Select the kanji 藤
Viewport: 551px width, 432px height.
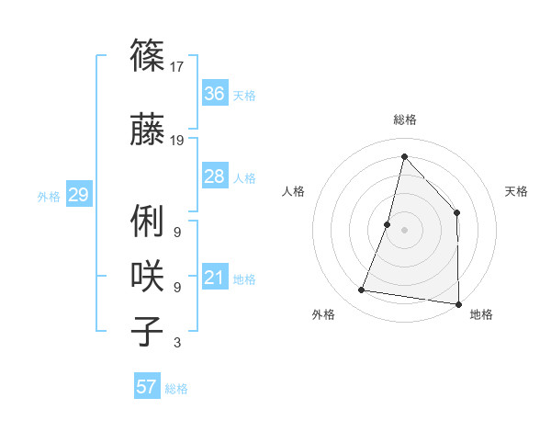click(148, 131)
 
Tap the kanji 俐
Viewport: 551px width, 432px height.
click(148, 223)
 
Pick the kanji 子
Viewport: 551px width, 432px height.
click(148, 330)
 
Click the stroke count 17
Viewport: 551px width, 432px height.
click(178, 66)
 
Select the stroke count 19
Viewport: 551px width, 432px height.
click(178, 141)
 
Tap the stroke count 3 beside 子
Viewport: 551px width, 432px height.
click(177, 343)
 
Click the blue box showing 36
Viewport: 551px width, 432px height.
click(215, 94)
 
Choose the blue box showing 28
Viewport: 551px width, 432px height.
click(215, 176)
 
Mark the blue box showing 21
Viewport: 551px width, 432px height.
click(215, 278)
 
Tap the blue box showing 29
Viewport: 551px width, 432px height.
click(78, 195)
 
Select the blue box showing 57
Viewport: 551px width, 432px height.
click(147, 387)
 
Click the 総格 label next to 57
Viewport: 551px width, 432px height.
click(177, 389)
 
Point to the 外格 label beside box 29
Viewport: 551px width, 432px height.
click(49, 197)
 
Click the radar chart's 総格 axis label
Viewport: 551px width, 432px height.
click(405, 119)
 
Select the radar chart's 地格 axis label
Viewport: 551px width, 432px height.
click(481, 314)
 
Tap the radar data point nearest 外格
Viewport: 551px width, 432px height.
click(362, 290)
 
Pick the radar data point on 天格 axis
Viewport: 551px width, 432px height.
click(457, 212)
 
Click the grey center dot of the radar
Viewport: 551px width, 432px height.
click(404, 230)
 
